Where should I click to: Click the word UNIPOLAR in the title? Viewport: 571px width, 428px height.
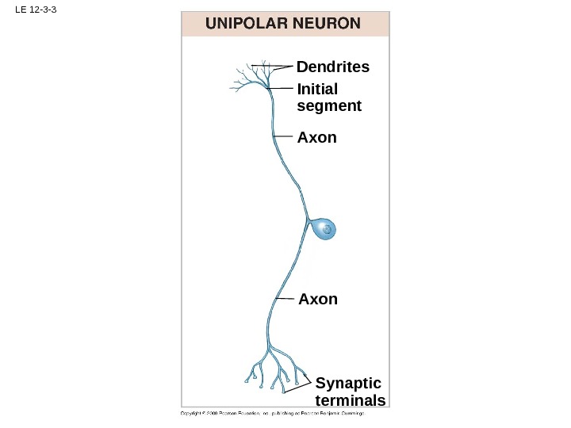click(x=243, y=24)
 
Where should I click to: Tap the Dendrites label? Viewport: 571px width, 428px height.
click(x=333, y=67)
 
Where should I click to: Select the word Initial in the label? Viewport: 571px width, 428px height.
click(x=317, y=89)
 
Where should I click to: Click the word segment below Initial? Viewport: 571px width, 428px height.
click(x=329, y=105)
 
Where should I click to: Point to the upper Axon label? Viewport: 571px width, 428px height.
click(x=316, y=138)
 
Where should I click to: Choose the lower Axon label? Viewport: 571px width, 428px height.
click(x=318, y=300)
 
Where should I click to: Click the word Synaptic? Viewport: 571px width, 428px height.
click(x=348, y=384)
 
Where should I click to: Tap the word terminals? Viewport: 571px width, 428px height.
click(x=351, y=400)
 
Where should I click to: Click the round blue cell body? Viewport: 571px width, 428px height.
click(x=324, y=230)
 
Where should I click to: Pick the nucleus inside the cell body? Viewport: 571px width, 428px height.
click(x=326, y=231)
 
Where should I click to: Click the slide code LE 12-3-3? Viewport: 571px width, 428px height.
click(x=31, y=10)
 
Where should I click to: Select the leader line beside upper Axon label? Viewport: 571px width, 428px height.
click(x=283, y=137)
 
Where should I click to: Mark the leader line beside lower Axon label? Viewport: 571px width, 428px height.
click(x=285, y=299)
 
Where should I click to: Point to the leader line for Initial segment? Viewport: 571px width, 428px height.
click(x=281, y=88)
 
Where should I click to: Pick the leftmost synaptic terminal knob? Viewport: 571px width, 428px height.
click(x=247, y=381)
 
